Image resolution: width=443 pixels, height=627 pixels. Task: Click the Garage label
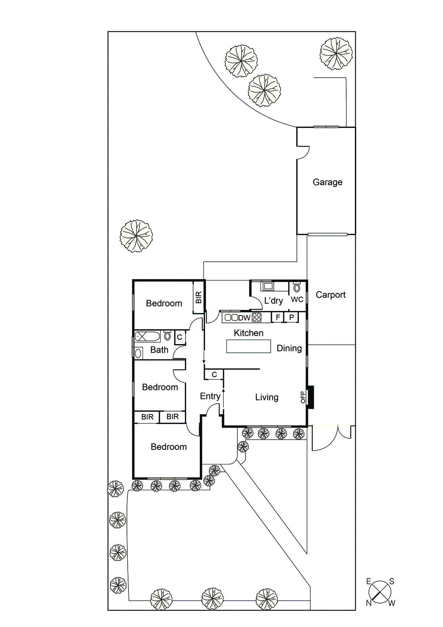[327, 182]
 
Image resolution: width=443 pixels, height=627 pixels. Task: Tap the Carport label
[331, 295]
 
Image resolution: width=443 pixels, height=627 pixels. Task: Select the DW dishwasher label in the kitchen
[244, 318]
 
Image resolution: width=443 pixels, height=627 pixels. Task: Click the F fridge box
[278, 317]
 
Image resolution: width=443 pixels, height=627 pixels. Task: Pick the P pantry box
[291, 317]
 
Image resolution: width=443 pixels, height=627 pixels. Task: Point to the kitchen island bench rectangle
[248, 346]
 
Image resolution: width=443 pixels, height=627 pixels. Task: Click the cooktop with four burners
[257, 317]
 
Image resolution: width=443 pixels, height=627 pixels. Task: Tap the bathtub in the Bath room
[147, 336]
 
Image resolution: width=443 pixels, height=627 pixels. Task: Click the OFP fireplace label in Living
[303, 397]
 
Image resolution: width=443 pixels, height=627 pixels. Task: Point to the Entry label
[210, 396]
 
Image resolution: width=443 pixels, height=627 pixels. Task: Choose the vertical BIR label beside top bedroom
[199, 297]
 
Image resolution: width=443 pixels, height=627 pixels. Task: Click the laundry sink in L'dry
[268, 286]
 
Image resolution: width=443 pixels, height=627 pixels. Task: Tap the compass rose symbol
[380, 592]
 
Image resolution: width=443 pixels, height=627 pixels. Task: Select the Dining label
[289, 348]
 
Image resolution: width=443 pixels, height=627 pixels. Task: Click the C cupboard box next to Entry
[214, 375]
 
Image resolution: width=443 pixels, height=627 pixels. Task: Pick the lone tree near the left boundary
[136, 236]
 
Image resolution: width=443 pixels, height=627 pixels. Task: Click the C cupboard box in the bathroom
[179, 337]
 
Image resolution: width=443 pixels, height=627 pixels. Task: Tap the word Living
[267, 397]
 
